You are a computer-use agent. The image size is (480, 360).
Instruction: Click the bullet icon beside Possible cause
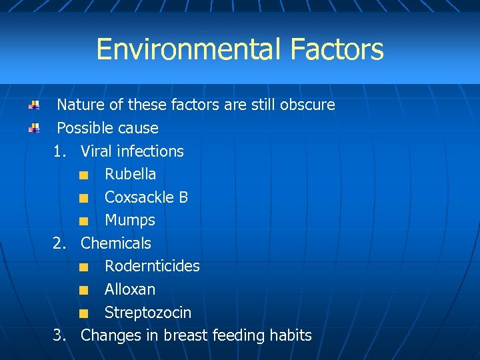[x=33, y=128]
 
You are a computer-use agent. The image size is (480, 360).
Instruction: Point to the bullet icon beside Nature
[x=33, y=105]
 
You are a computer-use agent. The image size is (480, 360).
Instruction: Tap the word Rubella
[x=131, y=174]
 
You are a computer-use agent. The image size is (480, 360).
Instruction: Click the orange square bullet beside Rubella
[x=82, y=175]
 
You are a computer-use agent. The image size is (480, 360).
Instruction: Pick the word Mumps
[x=130, y=220]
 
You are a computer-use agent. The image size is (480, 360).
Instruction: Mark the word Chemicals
[x=116, y=243]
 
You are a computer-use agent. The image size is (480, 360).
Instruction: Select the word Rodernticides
[x=152, y=266]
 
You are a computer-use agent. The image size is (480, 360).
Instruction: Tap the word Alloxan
[x=130, y=289]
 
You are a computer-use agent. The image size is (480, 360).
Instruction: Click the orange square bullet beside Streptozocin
[x=82, y=313]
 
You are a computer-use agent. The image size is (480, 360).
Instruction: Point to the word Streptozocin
[x=148, y=313]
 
